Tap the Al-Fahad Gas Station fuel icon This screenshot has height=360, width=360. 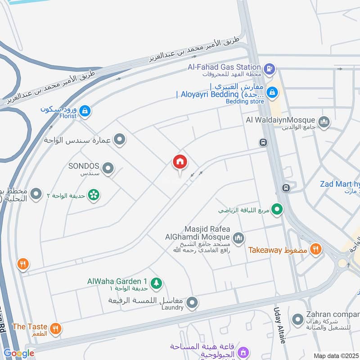[x=269, y=69]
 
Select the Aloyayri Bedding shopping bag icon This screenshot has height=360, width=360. [x=272, y=93]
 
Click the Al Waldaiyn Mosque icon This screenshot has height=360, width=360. [x=324, y=121]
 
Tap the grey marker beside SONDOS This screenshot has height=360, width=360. [x=108, y=169]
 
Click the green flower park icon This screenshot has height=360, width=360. [x=94, y=195]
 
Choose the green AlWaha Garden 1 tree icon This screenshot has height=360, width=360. [x=157, y=283]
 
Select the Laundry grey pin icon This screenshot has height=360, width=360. [x=192, y=302]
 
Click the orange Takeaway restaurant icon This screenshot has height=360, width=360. [x=316, y=248]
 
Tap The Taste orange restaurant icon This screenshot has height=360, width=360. [x=56, y=328]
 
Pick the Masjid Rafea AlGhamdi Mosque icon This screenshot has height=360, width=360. [x=238, y=237]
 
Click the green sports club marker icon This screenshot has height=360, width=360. [x=278, y=209]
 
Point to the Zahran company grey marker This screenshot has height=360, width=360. [x=297, y=320]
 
